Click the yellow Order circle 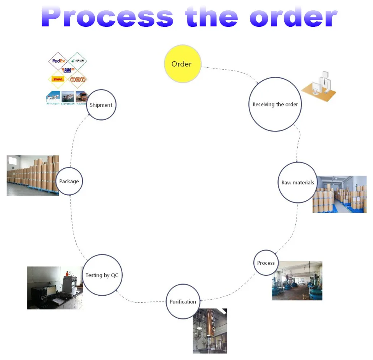[x=183, y=64]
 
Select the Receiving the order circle [x=275, y=104]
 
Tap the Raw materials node [x=298, y=182]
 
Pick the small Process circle [x=266, y=263]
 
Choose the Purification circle [x=183, y=301]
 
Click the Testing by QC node [x=102, y=275]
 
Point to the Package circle [x=69, y=181]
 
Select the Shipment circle [x=101, y=105]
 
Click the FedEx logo [x=59, y=61]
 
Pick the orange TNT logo [x=78, y=80]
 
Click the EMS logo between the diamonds [x=68, y=70]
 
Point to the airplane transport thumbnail [x=53, y=98]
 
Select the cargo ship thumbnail [x=68, y=98]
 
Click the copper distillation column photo [x=210, y=331]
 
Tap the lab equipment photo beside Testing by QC [x=55, y=288]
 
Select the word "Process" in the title [x=107, y=17]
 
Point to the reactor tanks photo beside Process [x=297, y=281]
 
